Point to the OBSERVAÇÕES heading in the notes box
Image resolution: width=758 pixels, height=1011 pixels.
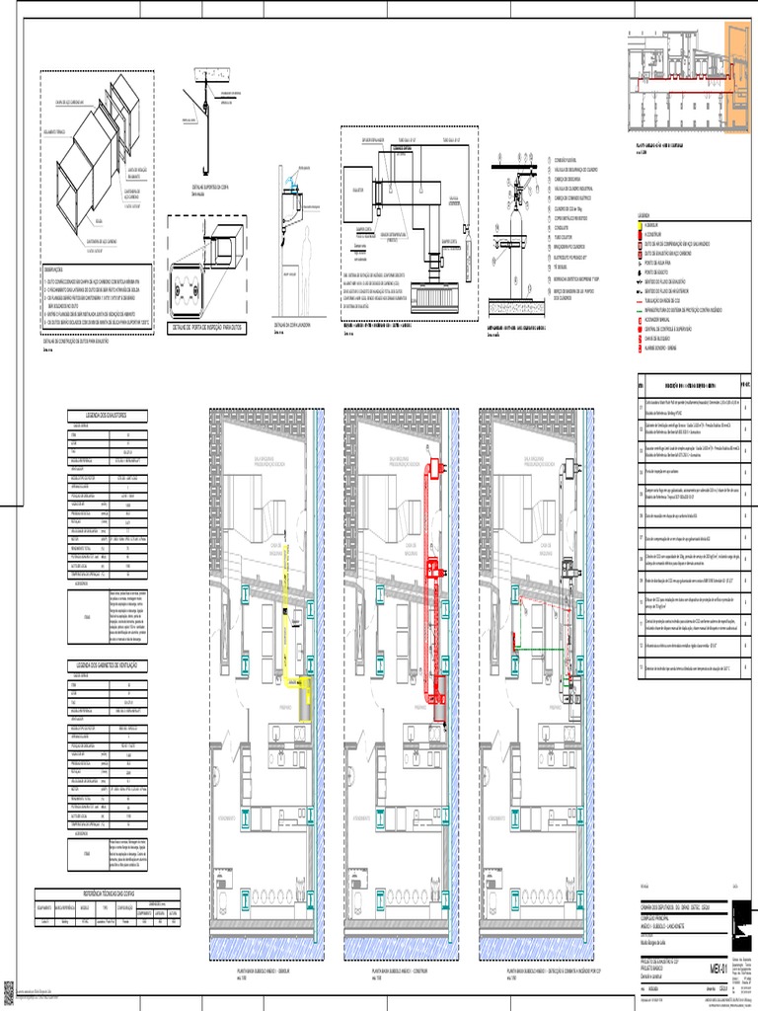tap(56, 268)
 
